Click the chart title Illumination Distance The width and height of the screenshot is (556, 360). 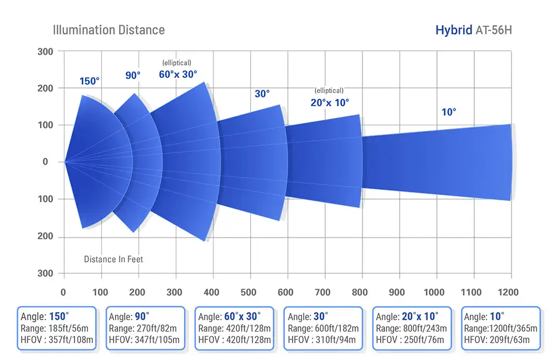tap(108, 29)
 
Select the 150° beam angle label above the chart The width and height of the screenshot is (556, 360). tap(90, 81)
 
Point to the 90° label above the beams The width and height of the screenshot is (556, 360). tap(133, 75)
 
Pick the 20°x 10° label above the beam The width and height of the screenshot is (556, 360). tap(330, 102)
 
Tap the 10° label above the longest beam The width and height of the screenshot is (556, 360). tap(449, 112)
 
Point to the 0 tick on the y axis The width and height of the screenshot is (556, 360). tap(46, 162)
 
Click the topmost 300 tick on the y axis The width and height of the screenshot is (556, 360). tap(46, 52)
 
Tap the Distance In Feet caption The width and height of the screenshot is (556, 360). tap(113, 259)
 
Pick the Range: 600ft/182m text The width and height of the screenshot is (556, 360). tap(323, 328)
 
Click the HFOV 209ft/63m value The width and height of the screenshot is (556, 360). tap(501, 339)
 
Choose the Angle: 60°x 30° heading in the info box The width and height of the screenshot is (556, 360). tap(234, 317)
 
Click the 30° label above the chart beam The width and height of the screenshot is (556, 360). tap(262, 94)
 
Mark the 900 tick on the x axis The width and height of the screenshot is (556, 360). tap(397, 292)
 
